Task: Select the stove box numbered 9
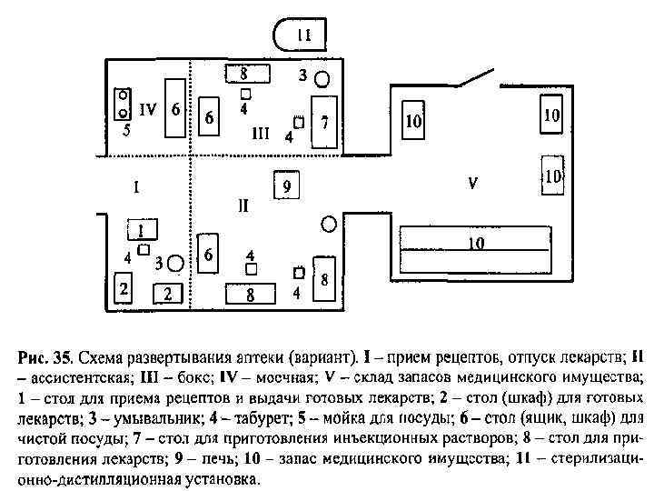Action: coord(286,185)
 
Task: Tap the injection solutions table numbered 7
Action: coord(323,121)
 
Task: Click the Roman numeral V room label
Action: coord(472,183)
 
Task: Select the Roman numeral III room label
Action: coord(261,133)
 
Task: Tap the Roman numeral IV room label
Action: coord(148,109)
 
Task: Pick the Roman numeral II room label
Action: coord(243,205)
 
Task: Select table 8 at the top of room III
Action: coord(249,72)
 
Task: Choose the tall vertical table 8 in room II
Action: coord(323,281)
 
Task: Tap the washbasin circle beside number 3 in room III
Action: coord(322,80)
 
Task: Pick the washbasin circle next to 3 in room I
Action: coord(176,263)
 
